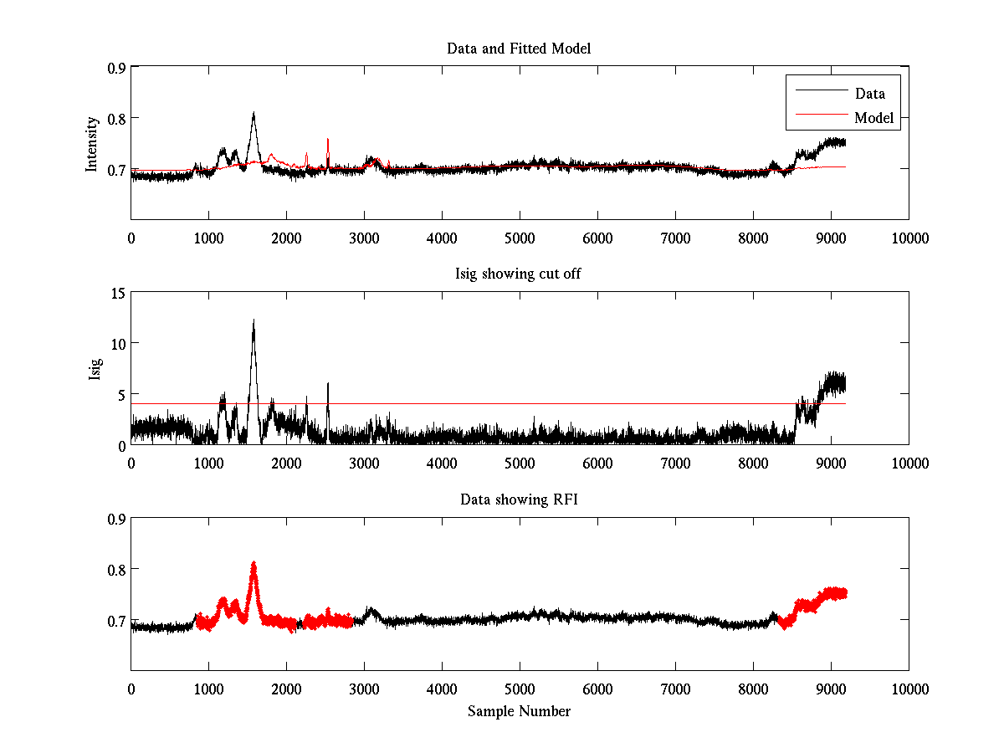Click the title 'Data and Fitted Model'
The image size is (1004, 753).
coord(519,49)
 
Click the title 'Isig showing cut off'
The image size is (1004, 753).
coord(519,274)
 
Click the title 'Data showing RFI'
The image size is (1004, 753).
coord(519,500)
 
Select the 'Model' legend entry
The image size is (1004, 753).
coord(873,118)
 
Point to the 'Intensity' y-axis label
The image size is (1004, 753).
coord(93,143)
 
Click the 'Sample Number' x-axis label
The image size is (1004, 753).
coord(519,711)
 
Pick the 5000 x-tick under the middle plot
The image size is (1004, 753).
coord(520,464)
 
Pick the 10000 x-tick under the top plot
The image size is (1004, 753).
coord(909,238)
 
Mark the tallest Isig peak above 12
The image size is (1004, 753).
coord(253,321)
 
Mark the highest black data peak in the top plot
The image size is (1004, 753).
coord(253,114)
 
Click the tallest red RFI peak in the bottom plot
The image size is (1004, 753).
coord(253,565)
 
